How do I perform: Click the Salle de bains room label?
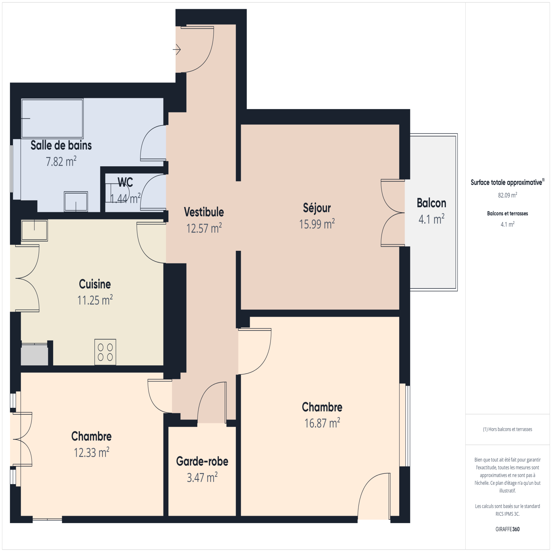click(x=61, y=145)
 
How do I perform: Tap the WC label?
click(x=125, y=182)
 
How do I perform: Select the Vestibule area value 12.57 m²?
click(x=204, y=228)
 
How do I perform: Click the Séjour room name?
click(x=317, y=208)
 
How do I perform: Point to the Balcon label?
click(x=431, y=203)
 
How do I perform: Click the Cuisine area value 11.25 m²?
click(x=95, y=300)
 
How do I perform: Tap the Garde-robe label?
click(x=202, y=461)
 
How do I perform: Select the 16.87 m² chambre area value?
click(x=322, y=423)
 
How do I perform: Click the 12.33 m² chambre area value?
click(x=91, y=452)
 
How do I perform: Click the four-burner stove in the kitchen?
click(x=105, y=352)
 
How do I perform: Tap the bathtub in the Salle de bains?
click(x=52, y=119)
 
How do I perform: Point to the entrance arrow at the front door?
click(x=177, y=50)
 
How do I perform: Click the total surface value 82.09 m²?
click(x=507, y=195)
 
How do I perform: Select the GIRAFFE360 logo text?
click(x=507, y=529)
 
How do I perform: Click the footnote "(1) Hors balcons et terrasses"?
click(x=507, y=429)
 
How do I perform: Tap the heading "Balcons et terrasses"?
click(x=507, y=213)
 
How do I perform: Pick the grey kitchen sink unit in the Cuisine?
click(x=34, y=354)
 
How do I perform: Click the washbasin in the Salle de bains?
click(x=76, y=201)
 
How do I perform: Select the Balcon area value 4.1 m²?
click(x=431, y=219)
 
